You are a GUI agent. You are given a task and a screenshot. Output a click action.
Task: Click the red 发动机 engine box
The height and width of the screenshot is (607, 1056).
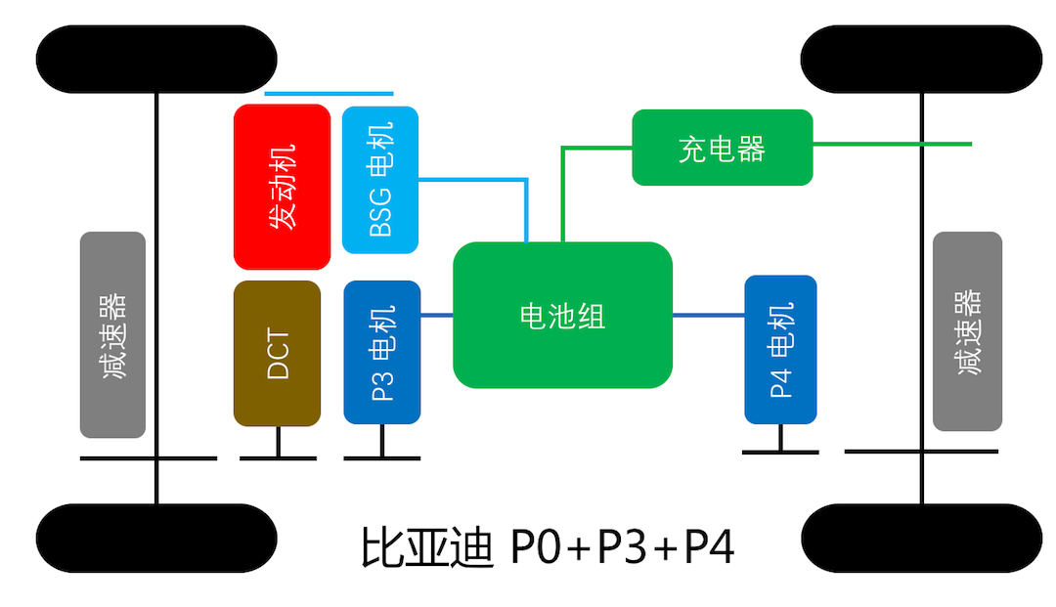click(x=282, y=186)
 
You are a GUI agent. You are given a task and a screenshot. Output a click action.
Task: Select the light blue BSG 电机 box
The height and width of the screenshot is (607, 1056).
click(x=379, y=179)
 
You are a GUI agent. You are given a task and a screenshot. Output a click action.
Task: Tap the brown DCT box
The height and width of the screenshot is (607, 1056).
click(x=277, y=353)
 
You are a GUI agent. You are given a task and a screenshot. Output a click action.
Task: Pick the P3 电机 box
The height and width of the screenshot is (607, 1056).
click(x=381, y=352)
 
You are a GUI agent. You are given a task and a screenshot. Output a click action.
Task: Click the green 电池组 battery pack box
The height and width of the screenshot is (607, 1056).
click(x=562, y=315)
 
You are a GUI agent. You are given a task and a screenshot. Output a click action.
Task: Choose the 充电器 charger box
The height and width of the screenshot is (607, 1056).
click(x=722, y=148)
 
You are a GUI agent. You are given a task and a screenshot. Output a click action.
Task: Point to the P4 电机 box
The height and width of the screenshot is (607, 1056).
click(x=780, y=349)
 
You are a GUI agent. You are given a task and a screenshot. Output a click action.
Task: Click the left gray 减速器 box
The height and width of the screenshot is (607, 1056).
click(x=112, y=334)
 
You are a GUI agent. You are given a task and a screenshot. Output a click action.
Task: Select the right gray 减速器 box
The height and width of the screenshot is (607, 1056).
click(x=967, y=331)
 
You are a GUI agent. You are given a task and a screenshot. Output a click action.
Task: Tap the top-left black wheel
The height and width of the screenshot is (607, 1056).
click(x=156, y=60)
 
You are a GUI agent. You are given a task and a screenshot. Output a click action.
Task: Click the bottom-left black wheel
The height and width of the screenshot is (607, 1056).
click(x=156, y=537)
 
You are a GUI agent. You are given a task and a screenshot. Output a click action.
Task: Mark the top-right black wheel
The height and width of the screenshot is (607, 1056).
click(x=921, y=60)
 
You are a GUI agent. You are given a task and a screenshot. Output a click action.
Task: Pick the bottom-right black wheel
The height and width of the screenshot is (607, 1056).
click(x=921, y=537)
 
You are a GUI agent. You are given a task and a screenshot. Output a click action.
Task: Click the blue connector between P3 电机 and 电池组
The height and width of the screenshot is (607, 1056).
click(x=437, y=315)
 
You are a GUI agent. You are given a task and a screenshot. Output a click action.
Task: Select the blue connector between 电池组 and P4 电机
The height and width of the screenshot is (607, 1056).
click(x=708, y=315)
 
